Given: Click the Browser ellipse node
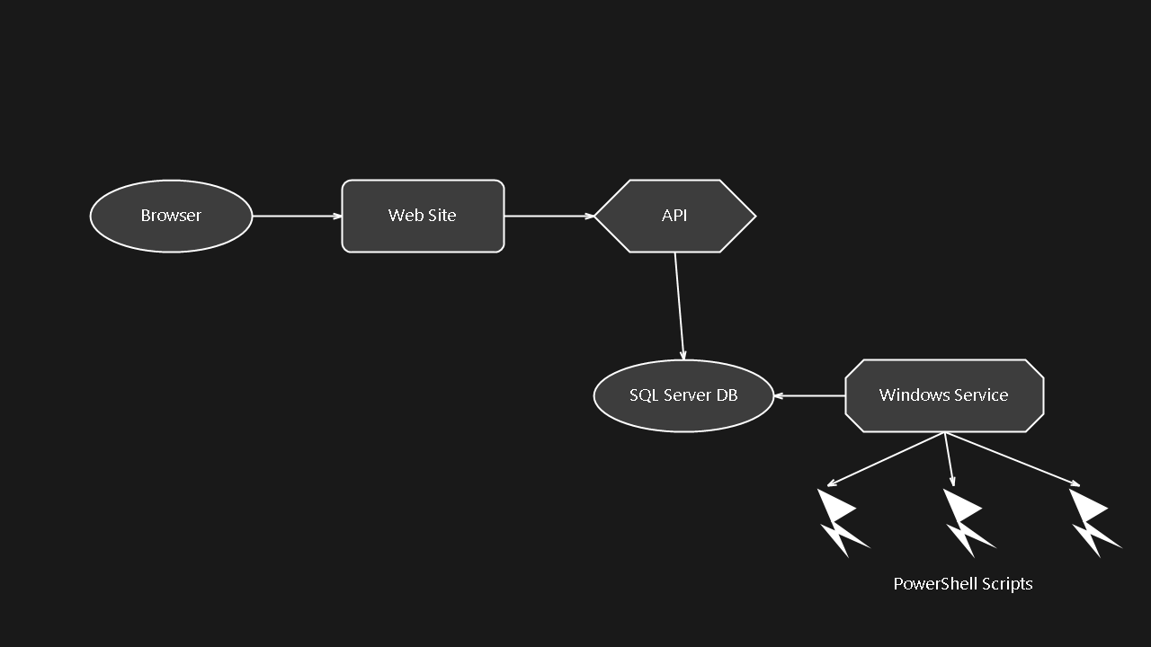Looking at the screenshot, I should [x=171, y=216].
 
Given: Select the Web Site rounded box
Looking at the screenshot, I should [x=423, y=216].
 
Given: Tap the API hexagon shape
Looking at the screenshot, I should [x=674, y=216].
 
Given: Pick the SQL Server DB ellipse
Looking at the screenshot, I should [x=683, y=395].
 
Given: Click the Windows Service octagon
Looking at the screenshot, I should [x=944, y=395].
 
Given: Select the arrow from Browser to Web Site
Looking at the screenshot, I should [x=297, y=216].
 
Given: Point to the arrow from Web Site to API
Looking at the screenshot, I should [x=549, y=216].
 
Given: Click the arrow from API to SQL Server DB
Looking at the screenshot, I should [x=679, y=306].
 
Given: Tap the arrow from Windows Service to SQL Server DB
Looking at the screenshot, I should [x=809, y=395].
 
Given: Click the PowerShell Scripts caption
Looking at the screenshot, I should [x=962, y=584].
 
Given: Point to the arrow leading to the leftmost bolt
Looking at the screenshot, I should [x=886, y=459].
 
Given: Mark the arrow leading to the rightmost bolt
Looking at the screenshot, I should [x=1012, y=459].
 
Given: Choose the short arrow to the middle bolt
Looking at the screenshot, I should [x=949, y=459].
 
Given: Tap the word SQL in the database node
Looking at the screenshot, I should [x=644, y=395].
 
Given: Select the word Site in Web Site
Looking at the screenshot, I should [x=442, y=216].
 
